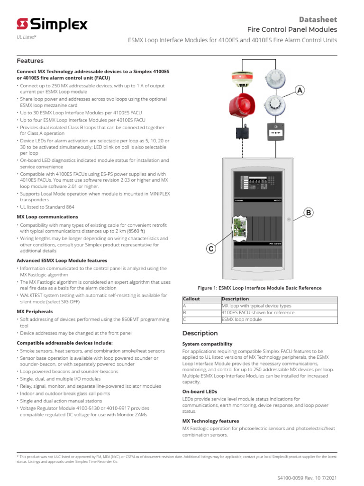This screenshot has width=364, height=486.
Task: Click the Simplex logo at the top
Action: pos(52,24)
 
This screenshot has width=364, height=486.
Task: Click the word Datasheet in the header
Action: pos(318,19)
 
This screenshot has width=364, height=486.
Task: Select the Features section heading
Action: pos(30,61)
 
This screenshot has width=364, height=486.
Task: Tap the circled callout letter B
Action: pos(309,213)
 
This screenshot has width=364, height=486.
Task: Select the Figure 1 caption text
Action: pos(259,288)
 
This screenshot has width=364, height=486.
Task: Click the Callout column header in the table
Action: pos(191,299)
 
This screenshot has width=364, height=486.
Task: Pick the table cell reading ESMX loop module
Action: pos(242,319)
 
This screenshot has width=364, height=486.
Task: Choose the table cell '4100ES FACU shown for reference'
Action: pos(258,313)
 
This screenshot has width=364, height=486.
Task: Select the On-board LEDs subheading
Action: pos(200,392)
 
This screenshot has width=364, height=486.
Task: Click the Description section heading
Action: pos(200,333)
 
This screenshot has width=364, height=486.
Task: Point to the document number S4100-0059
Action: pos(295,477)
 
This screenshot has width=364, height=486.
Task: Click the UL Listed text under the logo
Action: pos(27,37)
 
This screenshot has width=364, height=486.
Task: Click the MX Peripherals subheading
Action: pos(35,311)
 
